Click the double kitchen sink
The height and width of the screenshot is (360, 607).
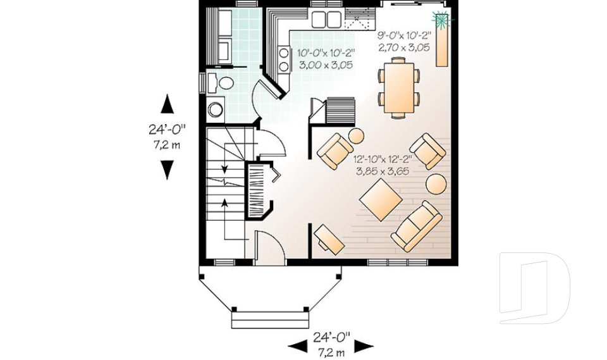[326, 20]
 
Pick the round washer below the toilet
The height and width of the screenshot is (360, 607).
[216, 109]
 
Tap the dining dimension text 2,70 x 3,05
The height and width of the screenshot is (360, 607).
[404, 47]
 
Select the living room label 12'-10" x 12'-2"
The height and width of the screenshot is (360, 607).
[383, 159]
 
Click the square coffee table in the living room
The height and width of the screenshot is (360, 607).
[381, 200]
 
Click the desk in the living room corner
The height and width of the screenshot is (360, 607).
[329, 238]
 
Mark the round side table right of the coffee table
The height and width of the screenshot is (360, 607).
[436, 184]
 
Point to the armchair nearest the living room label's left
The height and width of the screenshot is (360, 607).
[335, 151]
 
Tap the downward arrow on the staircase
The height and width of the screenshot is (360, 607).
[224, 168]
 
